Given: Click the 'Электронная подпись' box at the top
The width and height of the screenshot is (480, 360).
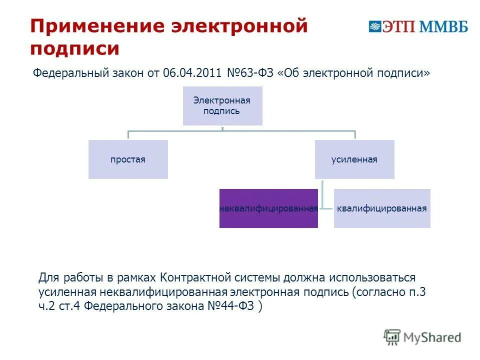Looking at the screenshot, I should pos(222,105).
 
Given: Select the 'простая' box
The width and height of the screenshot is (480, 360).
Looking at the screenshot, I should pos(128,159).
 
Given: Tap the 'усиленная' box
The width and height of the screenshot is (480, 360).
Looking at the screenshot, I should pos(354,159).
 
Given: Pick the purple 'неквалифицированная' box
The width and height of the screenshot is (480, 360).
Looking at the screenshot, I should pos(268,208).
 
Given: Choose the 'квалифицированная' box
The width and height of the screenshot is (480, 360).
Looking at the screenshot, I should pos(382,208).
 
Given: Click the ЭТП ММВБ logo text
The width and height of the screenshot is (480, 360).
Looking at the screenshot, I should pos(425,26).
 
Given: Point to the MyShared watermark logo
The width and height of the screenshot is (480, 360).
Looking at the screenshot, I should pos(422,337).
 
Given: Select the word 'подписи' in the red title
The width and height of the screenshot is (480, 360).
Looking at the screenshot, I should pos(75,49).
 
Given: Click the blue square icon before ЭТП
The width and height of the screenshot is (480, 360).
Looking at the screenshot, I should pos(375,26).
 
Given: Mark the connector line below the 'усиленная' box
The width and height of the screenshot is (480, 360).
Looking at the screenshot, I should pos(323,192).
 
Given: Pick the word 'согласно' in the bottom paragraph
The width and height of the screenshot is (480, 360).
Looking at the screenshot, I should pos(378,292).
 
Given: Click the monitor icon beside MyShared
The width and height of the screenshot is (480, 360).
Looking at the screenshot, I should pos(392,337).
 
